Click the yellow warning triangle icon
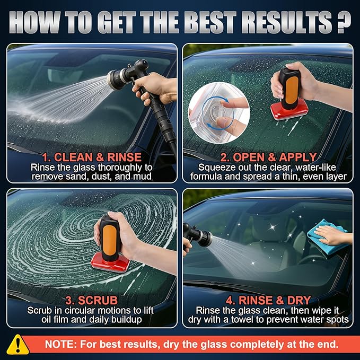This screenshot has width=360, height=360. coord(18,343)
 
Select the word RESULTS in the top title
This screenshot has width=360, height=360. coord(270,23)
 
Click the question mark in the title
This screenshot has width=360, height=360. coord(341,23)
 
